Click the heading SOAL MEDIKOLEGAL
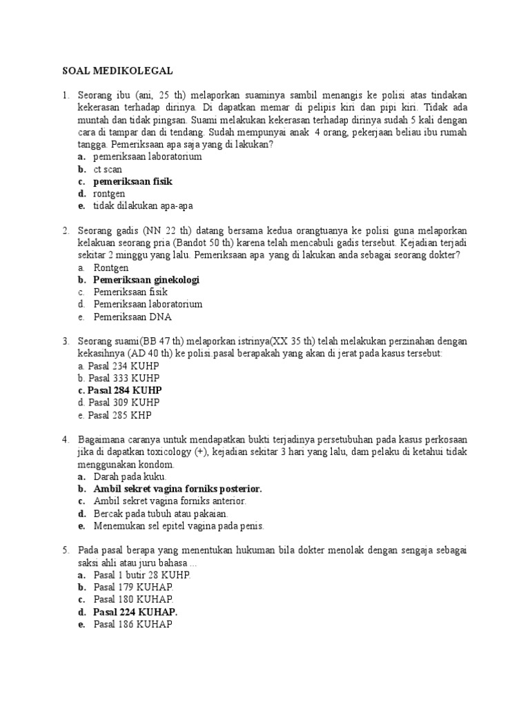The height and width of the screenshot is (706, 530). click(117, 70)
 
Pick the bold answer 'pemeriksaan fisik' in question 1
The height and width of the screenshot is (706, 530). click(132, 181)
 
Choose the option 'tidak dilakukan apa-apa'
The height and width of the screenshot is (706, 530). click(144, 206)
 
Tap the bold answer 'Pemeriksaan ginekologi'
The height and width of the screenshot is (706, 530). click(146, 280)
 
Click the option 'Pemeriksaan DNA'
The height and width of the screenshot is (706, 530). click(132, 317)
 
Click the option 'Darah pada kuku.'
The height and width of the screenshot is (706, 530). click(130, 476)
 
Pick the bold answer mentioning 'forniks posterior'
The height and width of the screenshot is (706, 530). click(177, 489)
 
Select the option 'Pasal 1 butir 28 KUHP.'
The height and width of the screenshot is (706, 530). click(142, 575)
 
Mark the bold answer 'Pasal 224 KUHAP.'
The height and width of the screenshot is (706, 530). click(135, 612)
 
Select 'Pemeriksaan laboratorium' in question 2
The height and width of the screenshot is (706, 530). click(148, 305)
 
